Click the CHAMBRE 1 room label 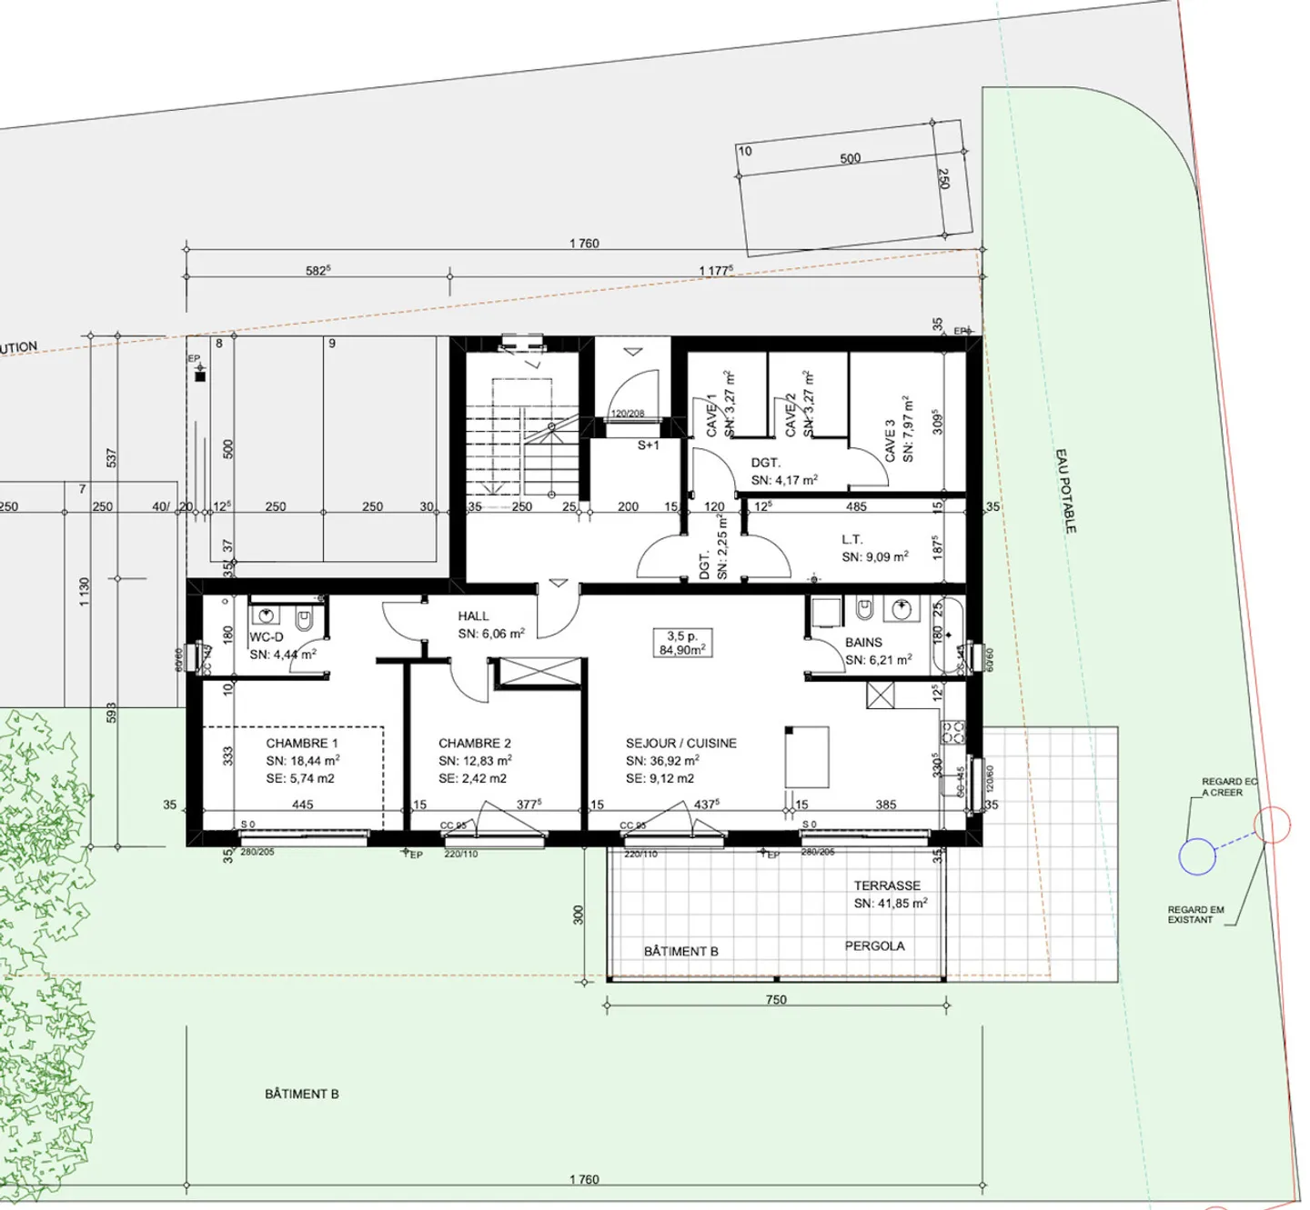301,743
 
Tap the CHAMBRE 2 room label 474,743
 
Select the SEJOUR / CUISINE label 680,743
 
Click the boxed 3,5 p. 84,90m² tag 682,643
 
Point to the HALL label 473,616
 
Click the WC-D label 267,637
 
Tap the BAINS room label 863,642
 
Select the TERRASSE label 887,885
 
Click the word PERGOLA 874,945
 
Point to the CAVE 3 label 890,440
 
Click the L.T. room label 851,539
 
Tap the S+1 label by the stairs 648,445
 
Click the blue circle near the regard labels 1197,856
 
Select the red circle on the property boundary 1272,825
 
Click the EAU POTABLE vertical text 1065,490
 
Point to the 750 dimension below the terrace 776,999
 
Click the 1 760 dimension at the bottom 584,1179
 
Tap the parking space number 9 332,344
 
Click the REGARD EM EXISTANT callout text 1195,915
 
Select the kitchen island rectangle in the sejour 807,756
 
